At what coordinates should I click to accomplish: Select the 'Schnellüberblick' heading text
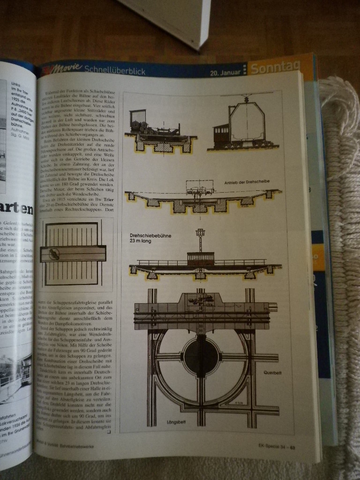[x=115, y=71]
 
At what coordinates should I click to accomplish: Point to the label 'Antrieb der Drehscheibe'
[x=247, y=181]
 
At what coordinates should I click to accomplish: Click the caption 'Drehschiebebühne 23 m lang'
[x=150, y=239]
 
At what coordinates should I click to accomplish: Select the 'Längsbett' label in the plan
[x=177, y=422]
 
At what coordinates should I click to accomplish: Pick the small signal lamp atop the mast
[x=201, y=232]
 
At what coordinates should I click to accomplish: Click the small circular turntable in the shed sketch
[x=54, y=254]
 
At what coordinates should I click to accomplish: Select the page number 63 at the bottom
[x=292, y=446]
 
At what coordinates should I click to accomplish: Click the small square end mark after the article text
[x=109, y=432]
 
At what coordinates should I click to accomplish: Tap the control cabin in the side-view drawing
[x=200, y=258]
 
